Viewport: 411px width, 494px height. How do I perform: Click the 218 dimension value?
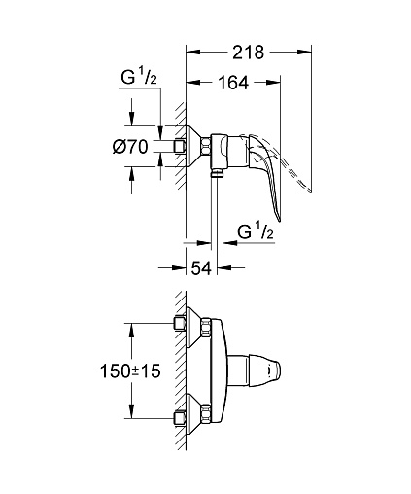click(x=249, y=53)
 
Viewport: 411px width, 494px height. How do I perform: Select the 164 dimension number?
click(x=233, y=83)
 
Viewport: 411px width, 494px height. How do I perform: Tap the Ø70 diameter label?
click(x=130, y=147)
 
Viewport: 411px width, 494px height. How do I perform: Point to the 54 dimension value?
click(x=201, y=268)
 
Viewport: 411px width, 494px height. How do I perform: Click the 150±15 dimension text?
click(x=130, y=370)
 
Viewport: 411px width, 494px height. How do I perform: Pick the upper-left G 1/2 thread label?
click(x=139, y=78)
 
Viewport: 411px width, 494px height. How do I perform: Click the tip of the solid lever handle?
click(x=279, y=221)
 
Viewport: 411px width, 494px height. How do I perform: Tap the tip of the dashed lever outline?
click(x=309, y=191)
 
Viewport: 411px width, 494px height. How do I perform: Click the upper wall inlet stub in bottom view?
click(x=180, y=323)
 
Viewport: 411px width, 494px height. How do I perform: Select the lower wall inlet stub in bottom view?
click(x=180, y=418)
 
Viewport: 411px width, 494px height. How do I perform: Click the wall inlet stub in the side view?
click(x=180, y=146)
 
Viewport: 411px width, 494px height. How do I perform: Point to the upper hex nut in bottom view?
click(x=206, y=328)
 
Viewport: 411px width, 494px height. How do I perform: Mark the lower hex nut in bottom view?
click(x=206, y=412)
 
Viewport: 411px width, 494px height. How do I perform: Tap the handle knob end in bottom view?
click(x=273, y=370)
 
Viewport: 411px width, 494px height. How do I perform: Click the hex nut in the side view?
click(x=206, y=147)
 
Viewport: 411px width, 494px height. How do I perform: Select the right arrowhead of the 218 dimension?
click(x=304, y=52)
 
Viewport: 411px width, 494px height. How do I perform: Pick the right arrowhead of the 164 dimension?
click(x=273, y=83)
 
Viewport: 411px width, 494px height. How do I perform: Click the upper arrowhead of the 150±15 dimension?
click(x=131, y=331)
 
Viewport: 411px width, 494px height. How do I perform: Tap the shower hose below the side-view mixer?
click(x=217, y=224)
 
